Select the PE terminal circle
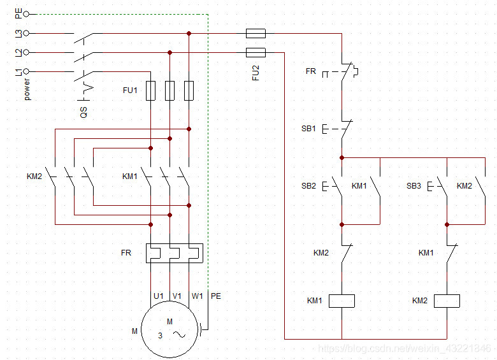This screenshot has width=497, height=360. tap(26, 14)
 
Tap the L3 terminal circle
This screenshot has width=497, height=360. tap(26, 33)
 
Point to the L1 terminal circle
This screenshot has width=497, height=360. tap(26, 71)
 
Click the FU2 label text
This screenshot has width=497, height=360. tap(256, 73)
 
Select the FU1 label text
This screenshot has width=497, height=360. tap(130, 90)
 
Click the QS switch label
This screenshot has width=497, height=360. tap(83, 112)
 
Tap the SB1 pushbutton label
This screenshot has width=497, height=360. tap(308, 129)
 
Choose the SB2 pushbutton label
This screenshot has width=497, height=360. tap(308, 186)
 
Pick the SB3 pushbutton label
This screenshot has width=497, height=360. tap(414, 186)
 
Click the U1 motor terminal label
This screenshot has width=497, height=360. tap(159, 296)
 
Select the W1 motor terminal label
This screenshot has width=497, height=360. tap(197, 296)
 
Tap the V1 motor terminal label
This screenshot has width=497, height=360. tap(177, 296)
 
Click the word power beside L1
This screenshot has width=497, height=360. tap(27, 89)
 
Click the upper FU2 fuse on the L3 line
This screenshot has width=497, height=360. tap(256, 33)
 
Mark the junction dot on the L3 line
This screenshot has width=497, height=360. tap(189, 33)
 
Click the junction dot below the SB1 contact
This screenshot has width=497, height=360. tap(342, 157)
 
